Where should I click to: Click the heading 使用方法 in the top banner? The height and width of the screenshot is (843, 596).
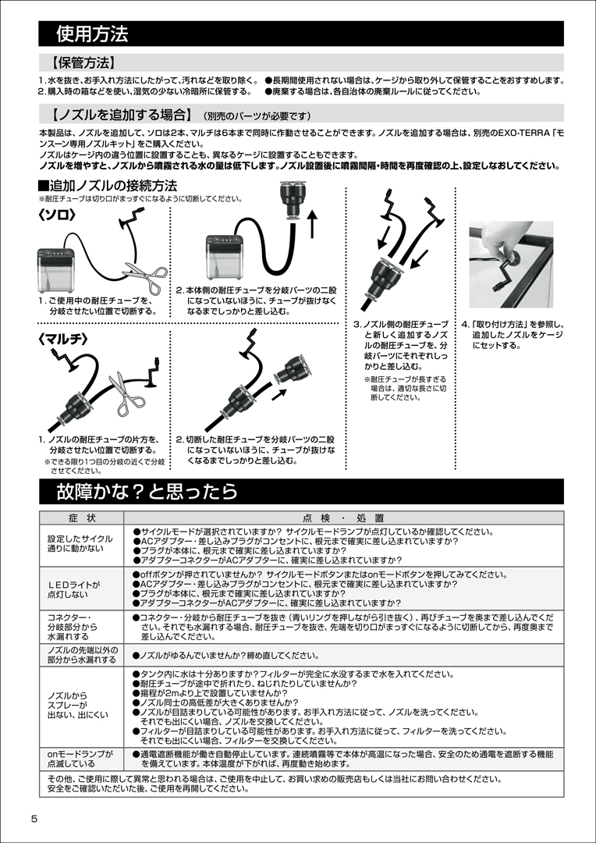pos(92,34)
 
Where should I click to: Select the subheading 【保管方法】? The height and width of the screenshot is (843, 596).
pos(82,63)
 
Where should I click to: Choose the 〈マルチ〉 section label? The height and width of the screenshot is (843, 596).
pos(62,339)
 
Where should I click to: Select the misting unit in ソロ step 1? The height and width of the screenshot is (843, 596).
pos(56,269)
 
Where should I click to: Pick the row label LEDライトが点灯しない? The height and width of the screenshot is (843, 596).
pos(74,589)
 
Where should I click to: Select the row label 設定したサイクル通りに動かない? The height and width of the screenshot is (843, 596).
pos(75,544)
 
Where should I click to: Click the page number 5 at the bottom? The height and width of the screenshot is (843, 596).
pos(34,819)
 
